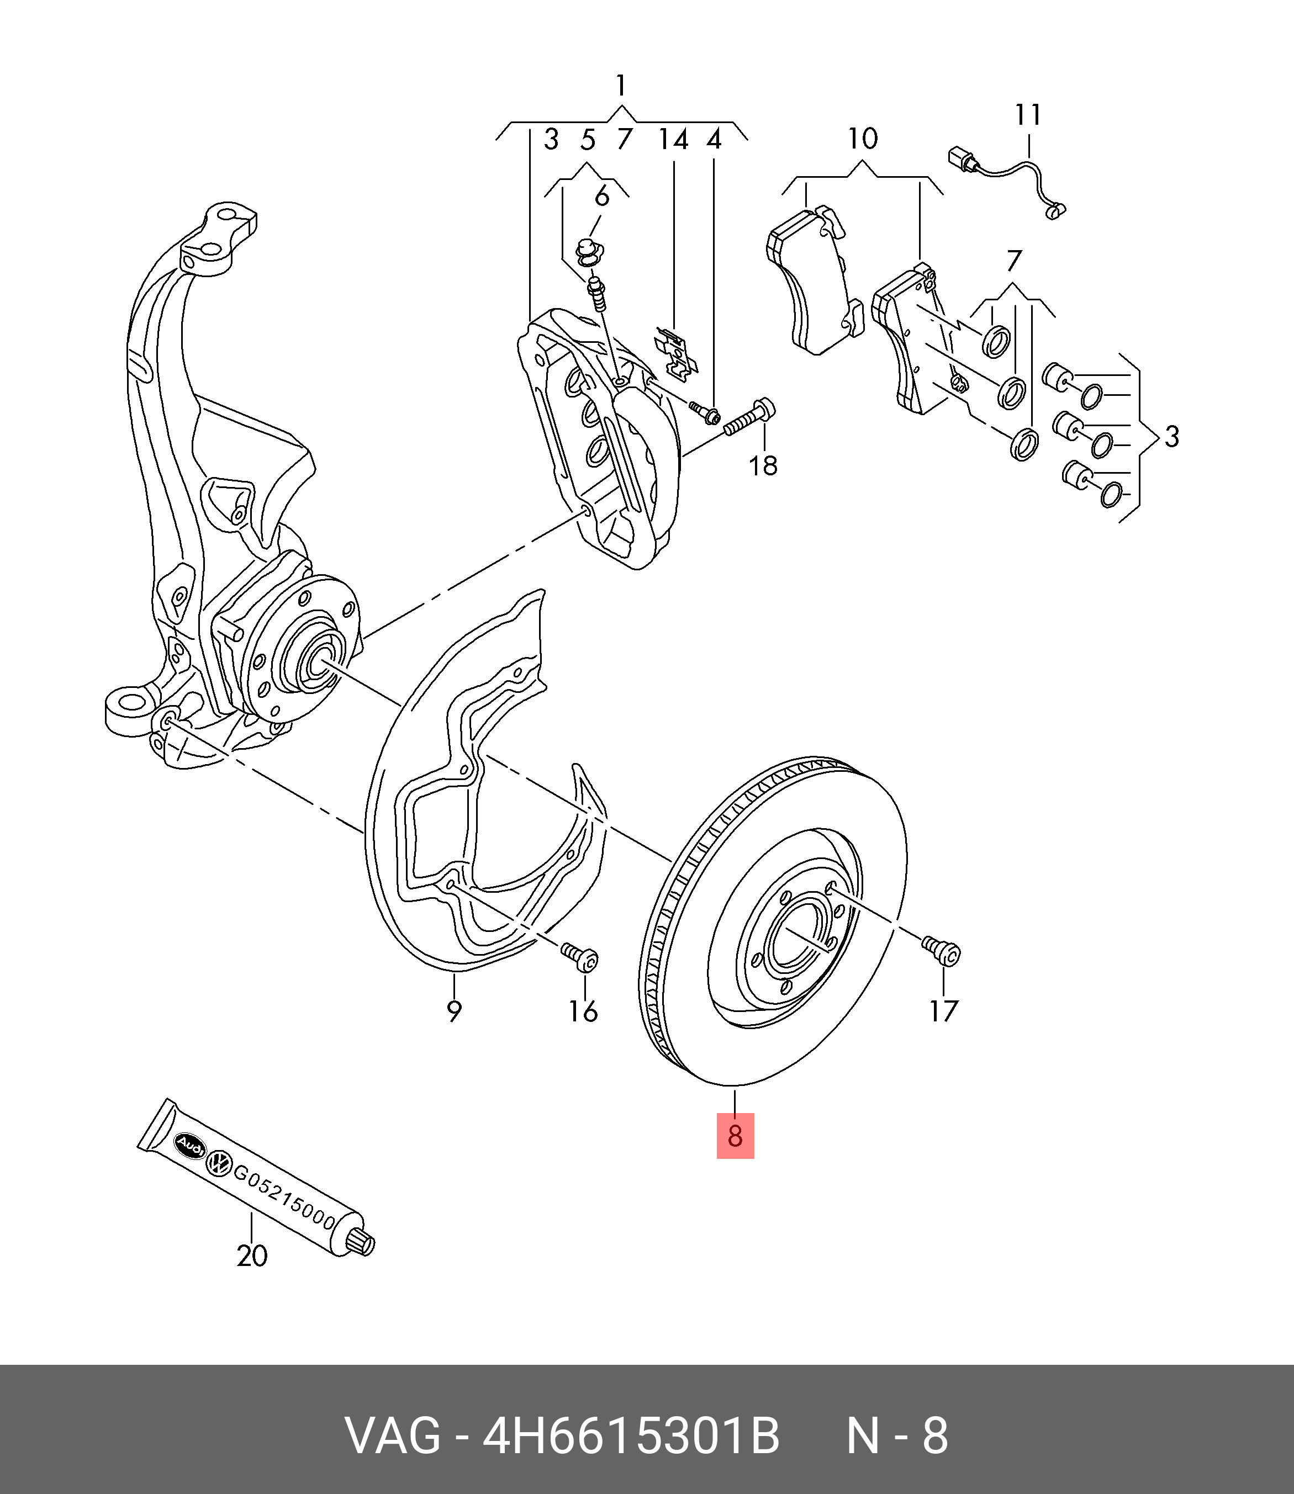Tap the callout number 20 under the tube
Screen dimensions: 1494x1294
252,1256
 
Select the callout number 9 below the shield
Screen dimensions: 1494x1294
453,1010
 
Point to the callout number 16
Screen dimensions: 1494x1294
583,1011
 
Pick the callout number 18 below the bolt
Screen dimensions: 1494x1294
763,465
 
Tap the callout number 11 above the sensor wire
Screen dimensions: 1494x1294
1028,115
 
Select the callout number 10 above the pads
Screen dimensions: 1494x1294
862,139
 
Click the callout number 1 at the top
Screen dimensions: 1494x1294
621,86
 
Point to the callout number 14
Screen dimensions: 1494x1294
673,139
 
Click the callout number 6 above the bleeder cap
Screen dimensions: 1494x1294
601,197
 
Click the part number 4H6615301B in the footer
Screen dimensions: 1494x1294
631,1436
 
